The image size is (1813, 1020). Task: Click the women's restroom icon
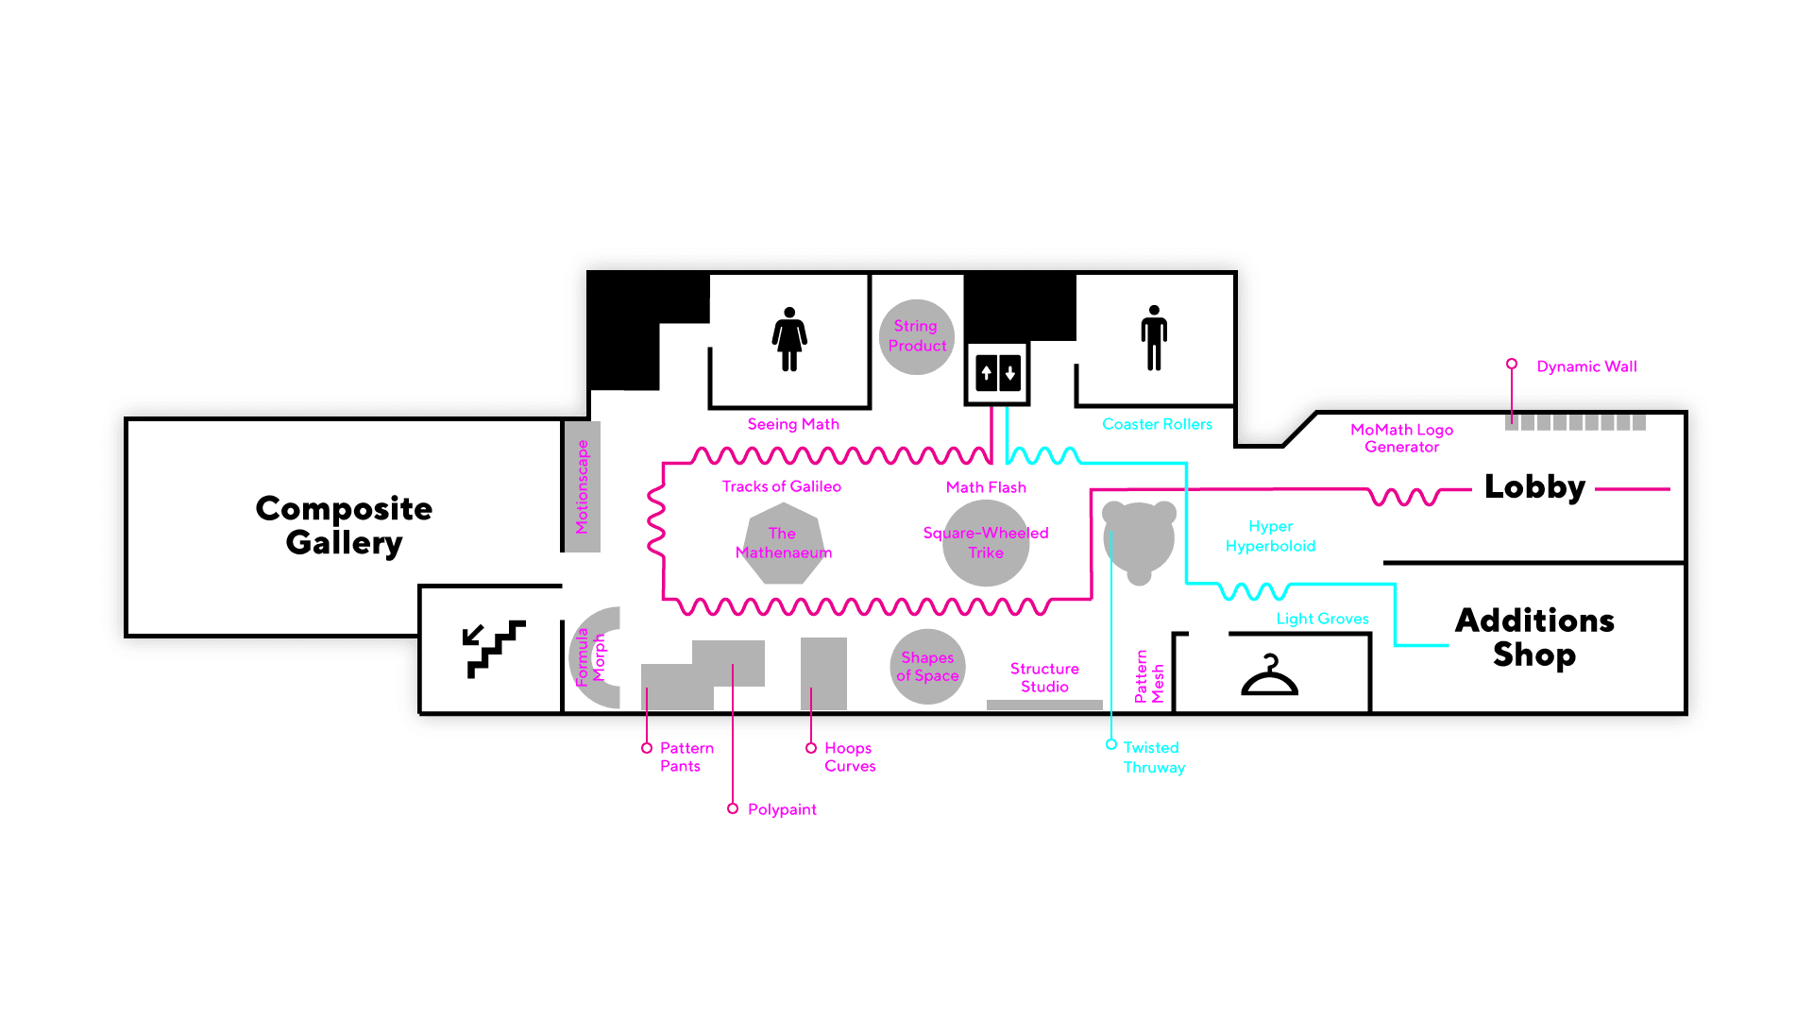tap(789, 339)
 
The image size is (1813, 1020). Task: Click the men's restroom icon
tap(1154, 338)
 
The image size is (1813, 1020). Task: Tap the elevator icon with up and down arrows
tap(998, 373)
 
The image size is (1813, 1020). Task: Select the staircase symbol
tap(494, 649)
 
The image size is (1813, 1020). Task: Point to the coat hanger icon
tap(1269, 676)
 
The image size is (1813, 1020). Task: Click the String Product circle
tap(916, 336)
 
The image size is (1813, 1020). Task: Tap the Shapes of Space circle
tap(927, 667)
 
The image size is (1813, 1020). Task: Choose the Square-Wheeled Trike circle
tap(986, 543)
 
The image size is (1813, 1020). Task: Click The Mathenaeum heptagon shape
tap(783, 543)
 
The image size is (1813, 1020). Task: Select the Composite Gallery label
tap(344, 525)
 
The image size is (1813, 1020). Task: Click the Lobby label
tap(1534, 487)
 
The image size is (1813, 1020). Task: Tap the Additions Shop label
tap(1534, 637)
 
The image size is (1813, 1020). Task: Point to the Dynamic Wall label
tap(1586, 366)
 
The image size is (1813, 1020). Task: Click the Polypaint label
tap(782, 809)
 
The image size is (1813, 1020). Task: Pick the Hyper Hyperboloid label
tap(1270, 535)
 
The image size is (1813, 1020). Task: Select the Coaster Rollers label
tap(1157, 424)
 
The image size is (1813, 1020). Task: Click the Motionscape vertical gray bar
tap(582, 486)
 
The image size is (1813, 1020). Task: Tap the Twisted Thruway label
tap(1153, 757)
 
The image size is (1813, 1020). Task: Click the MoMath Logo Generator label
tap(1401, 438)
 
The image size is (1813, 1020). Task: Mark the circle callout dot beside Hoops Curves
tap(811, 748)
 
